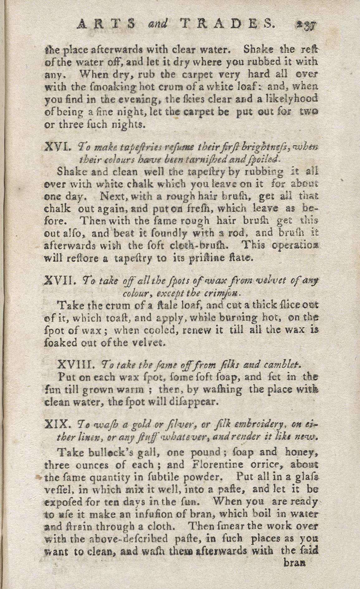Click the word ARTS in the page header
106,24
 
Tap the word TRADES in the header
228,24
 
